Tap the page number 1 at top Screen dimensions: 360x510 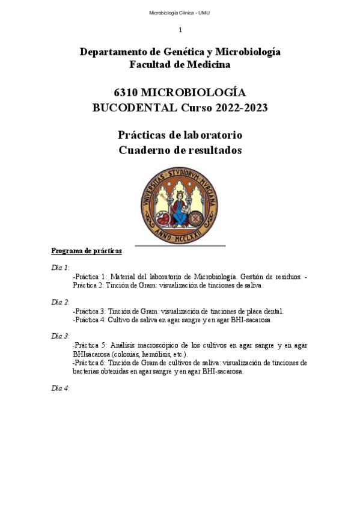180,30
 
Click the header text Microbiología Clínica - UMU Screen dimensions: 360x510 180,13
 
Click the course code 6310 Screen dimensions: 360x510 126,93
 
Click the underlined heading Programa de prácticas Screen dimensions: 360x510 87,251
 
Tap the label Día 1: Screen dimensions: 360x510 60,267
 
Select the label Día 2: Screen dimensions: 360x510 60,301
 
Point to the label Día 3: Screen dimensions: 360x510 60,336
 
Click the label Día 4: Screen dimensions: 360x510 60,388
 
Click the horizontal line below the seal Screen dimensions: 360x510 180,246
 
